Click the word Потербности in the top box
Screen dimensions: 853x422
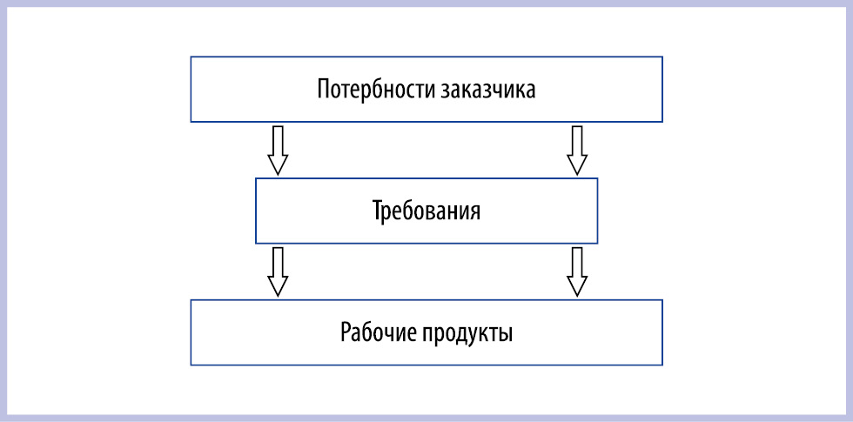375,89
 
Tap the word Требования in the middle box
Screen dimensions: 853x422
426,211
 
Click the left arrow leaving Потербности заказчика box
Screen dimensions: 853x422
278,151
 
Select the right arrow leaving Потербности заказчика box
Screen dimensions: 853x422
577,151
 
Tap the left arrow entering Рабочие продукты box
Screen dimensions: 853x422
278,271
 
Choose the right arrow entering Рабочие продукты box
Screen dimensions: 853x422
577,271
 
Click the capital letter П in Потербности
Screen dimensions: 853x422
324,89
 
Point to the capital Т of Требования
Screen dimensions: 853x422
379,211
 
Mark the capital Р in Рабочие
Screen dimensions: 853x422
346,332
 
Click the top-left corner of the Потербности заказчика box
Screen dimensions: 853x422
191,57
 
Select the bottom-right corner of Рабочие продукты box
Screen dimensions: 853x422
662,365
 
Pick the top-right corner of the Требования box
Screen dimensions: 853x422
597,178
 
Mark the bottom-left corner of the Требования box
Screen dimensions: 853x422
256,243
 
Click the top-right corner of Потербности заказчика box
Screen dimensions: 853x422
662,57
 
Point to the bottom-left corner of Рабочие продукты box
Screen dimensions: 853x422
191,365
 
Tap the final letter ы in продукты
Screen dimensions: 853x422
507,335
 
